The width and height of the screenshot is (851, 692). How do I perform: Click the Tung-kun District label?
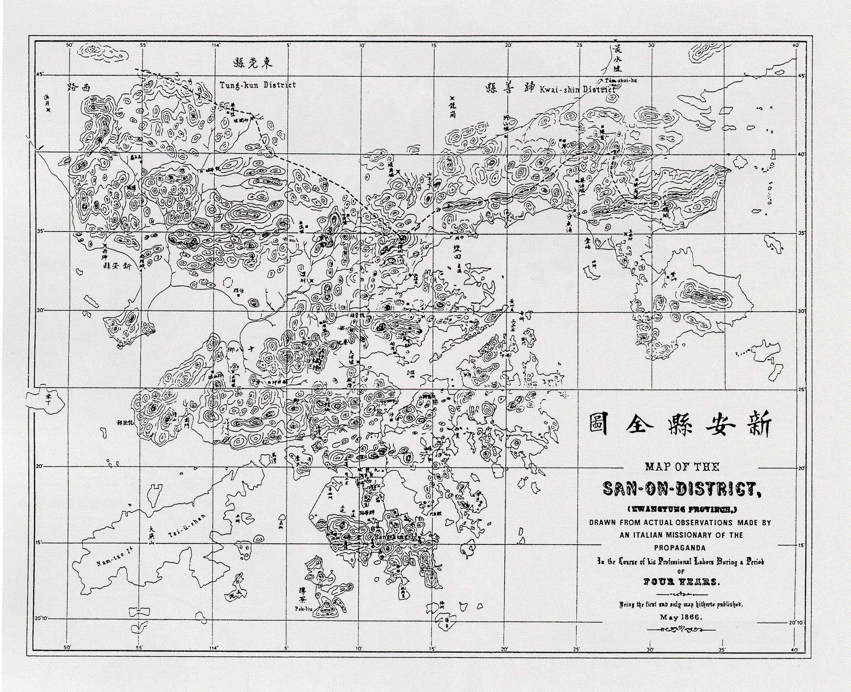[258, 85]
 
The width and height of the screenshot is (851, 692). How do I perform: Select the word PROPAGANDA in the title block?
[680, 548]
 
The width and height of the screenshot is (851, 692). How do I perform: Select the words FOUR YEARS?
[680, 582]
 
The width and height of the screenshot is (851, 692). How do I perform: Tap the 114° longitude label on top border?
[216, 45]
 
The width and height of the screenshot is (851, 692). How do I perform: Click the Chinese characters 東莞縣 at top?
[253, 63]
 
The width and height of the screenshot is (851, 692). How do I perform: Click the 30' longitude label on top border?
[652, 45]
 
